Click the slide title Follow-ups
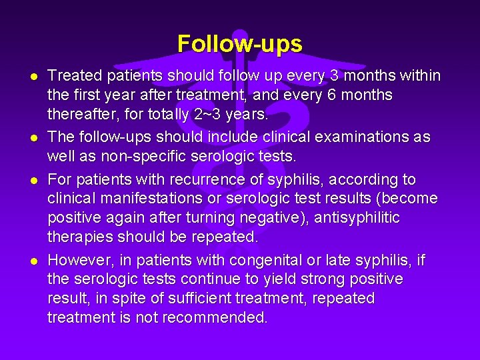240,44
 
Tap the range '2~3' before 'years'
205,115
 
